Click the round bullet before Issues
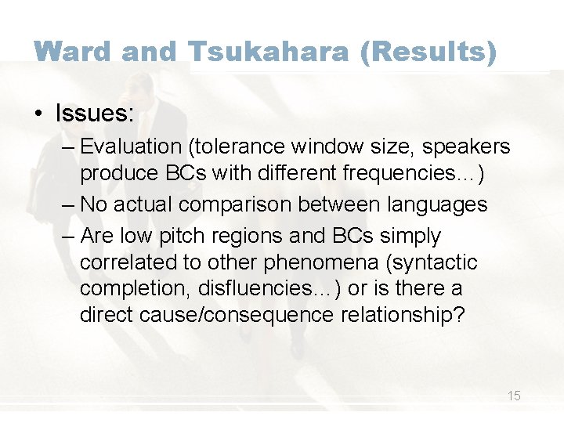pyautogui.click(x=38, y=113)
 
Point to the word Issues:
pyautogui.click(x=94, y=113)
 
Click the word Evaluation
pyautogui.click(x=130, y=146)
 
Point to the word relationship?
pyautogui.click(x=413, y=315)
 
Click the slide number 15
pyautogui.click(x=514, y=396)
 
